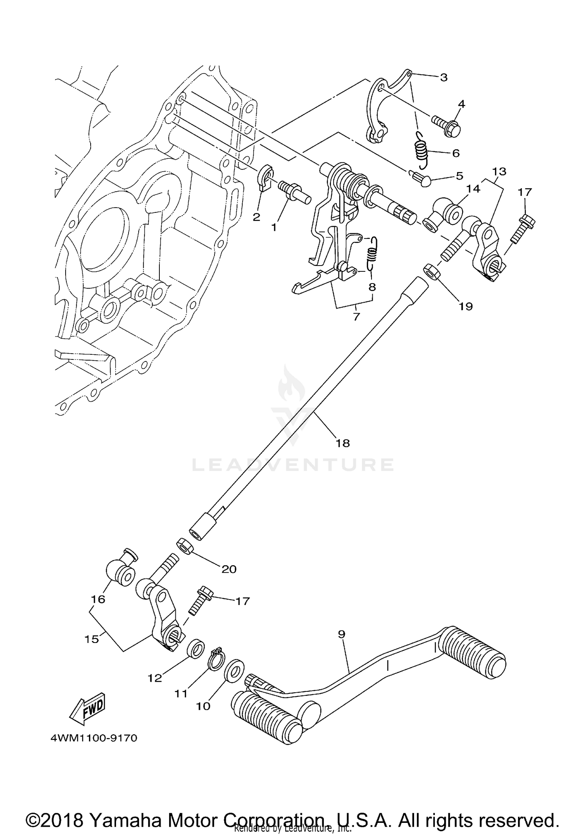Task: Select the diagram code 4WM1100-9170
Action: pyautogui.click(x=94, y=738)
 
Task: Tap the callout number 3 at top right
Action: pyautogui.click(x=443, y=77)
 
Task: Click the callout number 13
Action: pyautogui.click(x=499, y=171)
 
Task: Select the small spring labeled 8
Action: pyautogui.click(x=372, y=254)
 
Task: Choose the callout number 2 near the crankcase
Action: pyautogui.click(x=256, y=217)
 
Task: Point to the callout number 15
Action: pyautogui.click(x=92, y=639)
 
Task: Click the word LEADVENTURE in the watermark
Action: pyautogui.click(x=293, y=465)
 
